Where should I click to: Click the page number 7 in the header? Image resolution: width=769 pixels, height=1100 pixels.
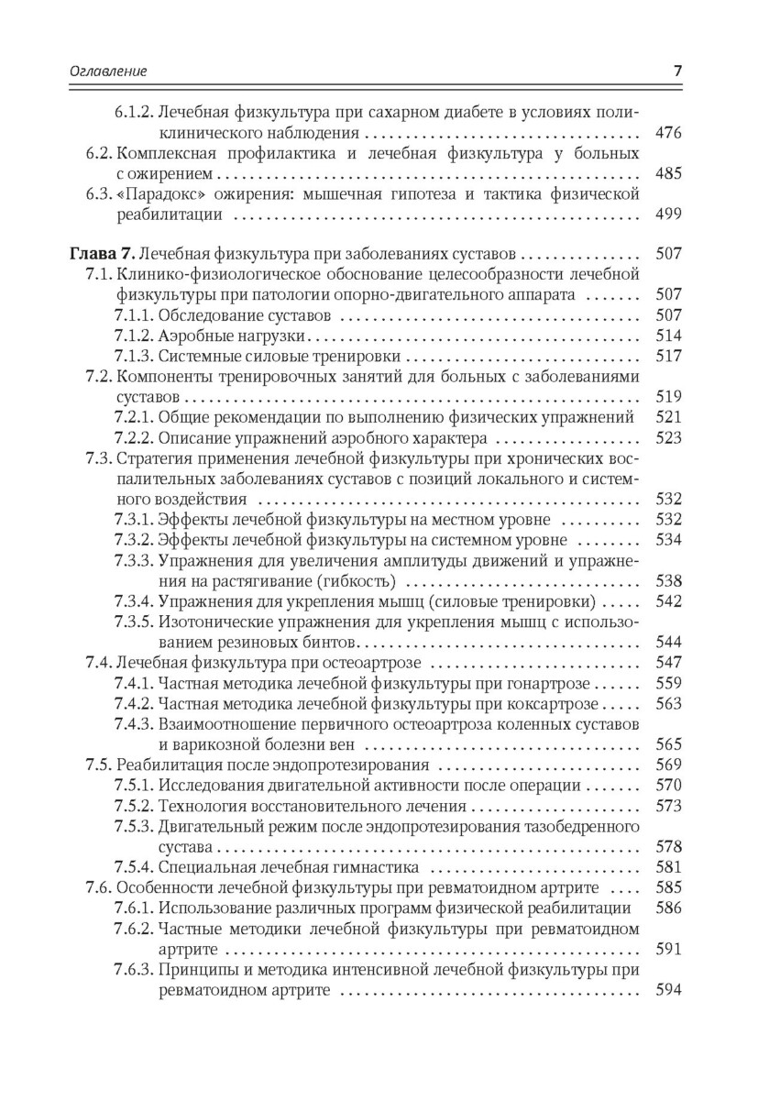tap(676, 71)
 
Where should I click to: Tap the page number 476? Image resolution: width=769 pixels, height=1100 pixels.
tap(669, 133)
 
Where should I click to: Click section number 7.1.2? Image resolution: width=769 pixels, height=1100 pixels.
tap(134, 335)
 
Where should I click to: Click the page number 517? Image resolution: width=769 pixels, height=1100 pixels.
tap(669, 356)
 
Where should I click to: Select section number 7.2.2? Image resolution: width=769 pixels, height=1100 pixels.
tap(134, 437)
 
